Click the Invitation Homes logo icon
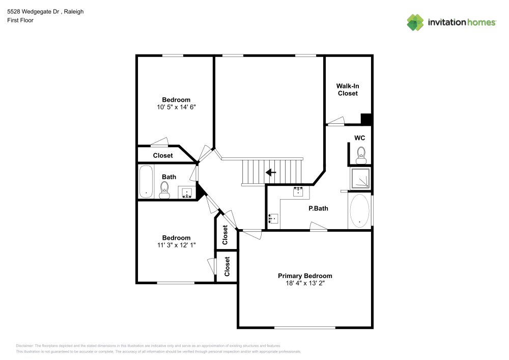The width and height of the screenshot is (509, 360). tap(415, 22)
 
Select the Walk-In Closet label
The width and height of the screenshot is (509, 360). tap(348, 90)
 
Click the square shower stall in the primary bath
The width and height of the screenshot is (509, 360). tap(360, 178)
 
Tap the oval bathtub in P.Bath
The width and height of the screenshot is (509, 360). tap(359, 211)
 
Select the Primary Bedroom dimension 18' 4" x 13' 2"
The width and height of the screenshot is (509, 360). tap(305, 284)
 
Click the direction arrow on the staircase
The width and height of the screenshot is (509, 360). tap(271, 172)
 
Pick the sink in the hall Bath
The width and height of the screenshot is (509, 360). tap(187, 193)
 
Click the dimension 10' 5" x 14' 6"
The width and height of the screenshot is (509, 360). tap(176, 107)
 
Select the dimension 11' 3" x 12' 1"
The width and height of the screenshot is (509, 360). tap(176, 245)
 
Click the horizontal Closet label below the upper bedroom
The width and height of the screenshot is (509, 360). tap(163, 155)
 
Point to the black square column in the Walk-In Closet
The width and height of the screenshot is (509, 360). tap(366, 119)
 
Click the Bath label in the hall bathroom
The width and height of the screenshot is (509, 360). tap(169, 177)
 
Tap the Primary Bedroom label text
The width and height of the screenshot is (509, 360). tap(305, 275)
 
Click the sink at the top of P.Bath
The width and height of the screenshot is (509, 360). tap(298, 192)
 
